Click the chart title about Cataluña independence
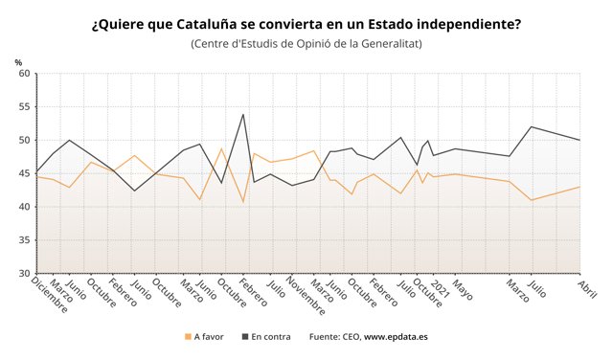pyautogui.click(x=306, y=23)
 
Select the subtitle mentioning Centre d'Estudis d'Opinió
pyautogui.click(x=306, y=44)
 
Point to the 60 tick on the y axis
pyautogui.click(x=24, y=74)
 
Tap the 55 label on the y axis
pyautogui.click(x=24, y=107)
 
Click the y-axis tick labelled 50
pyautogui.click(x=24, y=140)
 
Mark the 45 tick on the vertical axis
pyautogui.click(x=24, y=173)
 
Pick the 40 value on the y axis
pyautogui.click(x=24, y=207)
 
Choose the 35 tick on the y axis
pyautogui.click(x=24, y=240)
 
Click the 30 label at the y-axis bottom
pyautogui.click(x=24, y=273)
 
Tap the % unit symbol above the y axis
pyautogui.click(x=18, y=62)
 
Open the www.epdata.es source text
pyautogui.click(x=397, y=337)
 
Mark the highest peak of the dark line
pyautogui.click(x=243, y=114)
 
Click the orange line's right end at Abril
pyautogui.click(x=580, y=187)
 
